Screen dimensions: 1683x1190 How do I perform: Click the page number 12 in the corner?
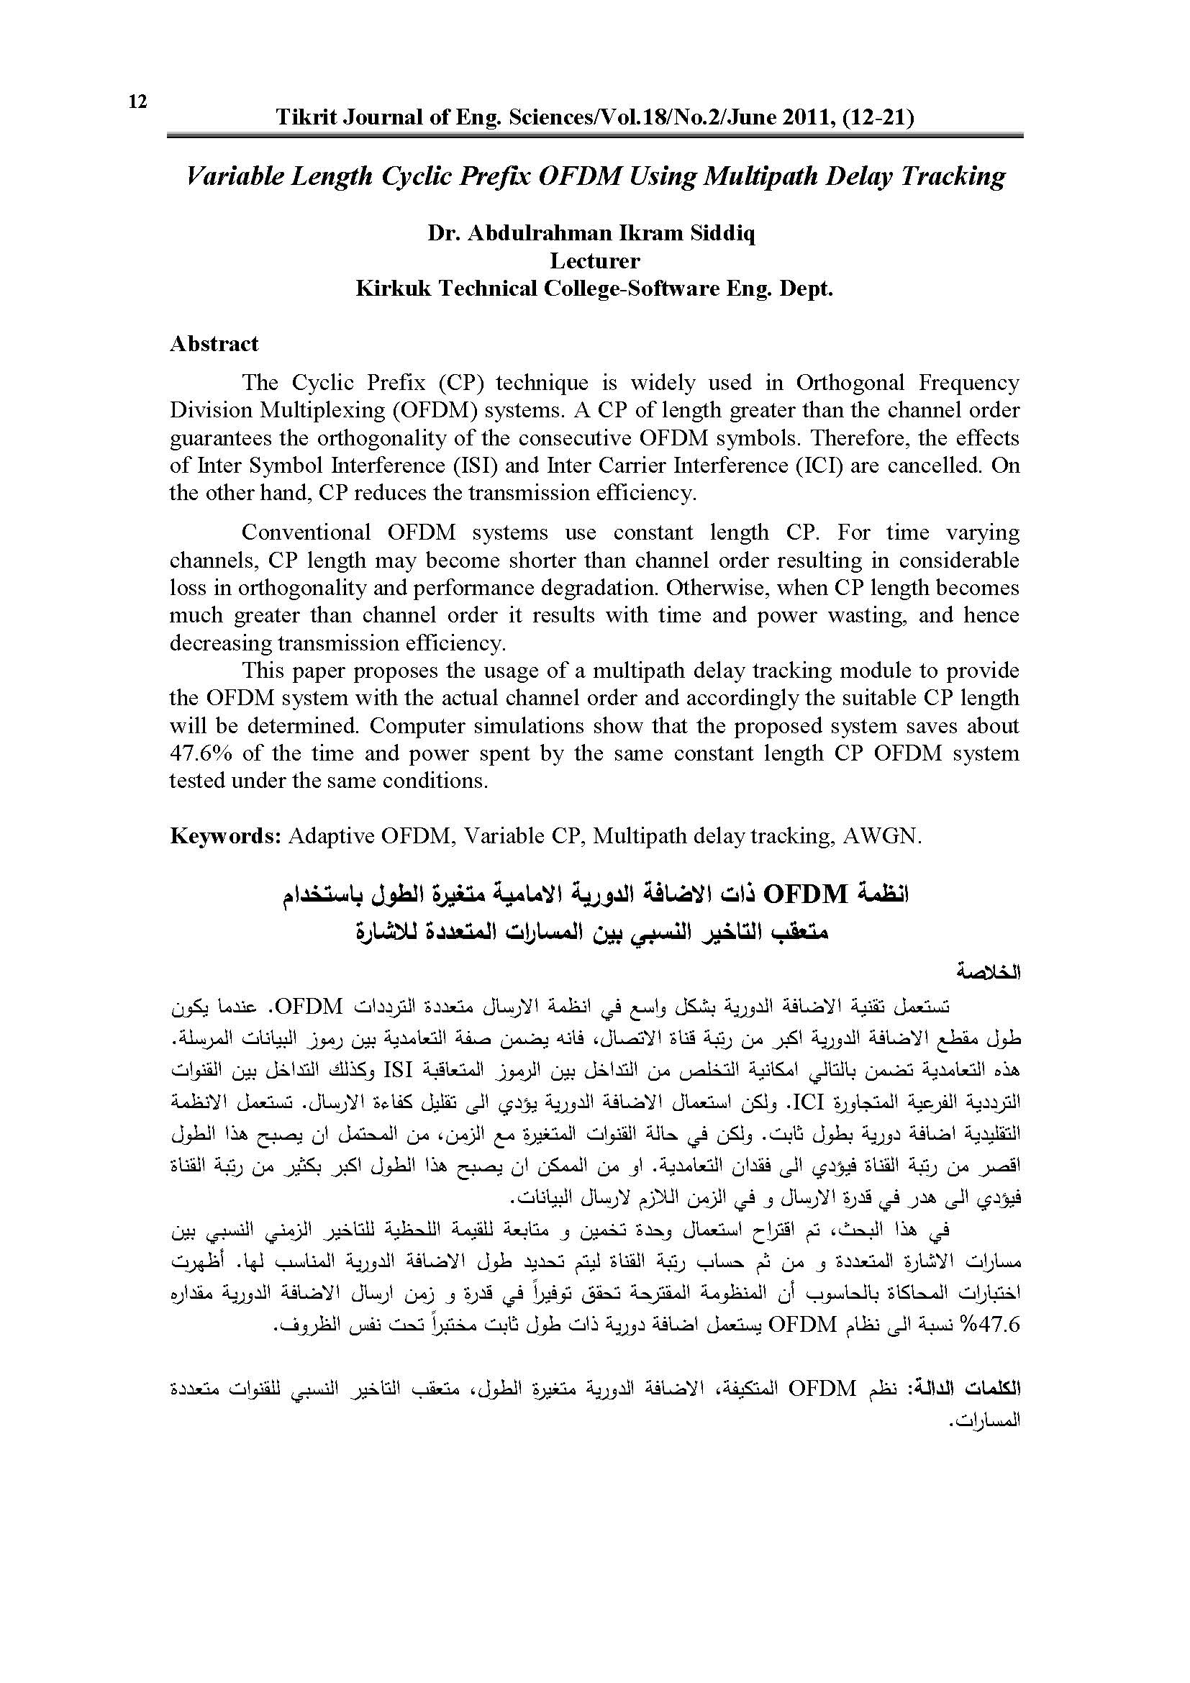pyautogui.click(x=137, y=102)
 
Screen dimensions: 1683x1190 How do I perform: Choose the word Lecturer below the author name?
pyautogui.click(x=594, y=261)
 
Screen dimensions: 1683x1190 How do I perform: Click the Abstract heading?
pyautogui.click(x=214, y=344)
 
